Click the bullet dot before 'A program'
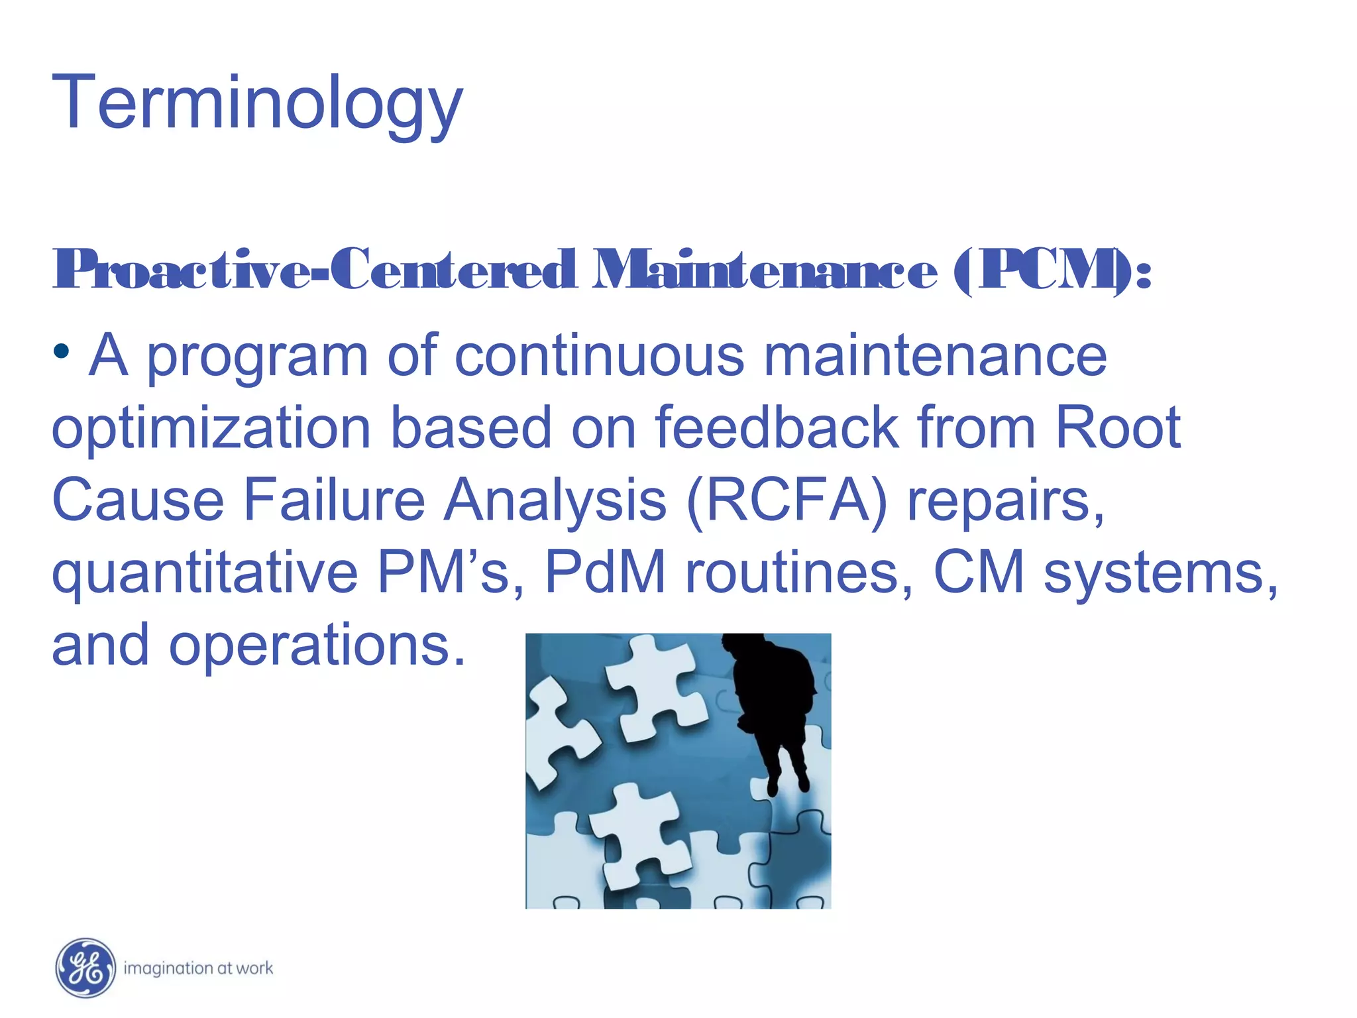(x=62, y=350)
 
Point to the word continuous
(x=600, y=356)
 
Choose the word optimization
(x=211, y=429)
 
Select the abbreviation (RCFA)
(x=787, y=500)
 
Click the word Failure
(x=334, y=500)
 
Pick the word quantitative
(x=205, y=573)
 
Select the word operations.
(x=317, y=646)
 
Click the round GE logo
(x=85, y=968)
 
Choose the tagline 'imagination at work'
(x=198, y=968)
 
